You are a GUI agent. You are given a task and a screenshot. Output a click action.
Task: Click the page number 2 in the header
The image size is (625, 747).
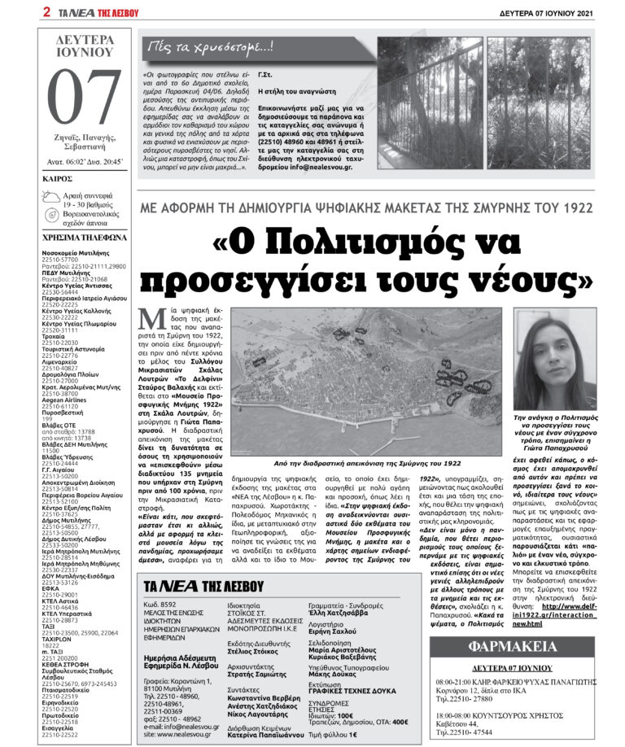pos(47,11)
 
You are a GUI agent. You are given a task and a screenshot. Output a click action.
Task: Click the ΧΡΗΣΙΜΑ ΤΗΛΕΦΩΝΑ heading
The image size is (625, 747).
pos(85,238)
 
